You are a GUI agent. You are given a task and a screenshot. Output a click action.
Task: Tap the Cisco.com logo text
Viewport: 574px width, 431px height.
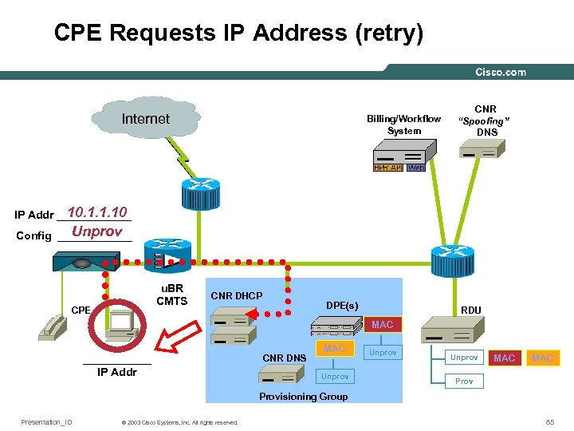tap(501, 73)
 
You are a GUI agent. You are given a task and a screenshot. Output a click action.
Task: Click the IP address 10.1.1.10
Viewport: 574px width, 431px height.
tap(97, 212)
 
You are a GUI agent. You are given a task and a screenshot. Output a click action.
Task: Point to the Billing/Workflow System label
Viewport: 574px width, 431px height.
tap(403, 125)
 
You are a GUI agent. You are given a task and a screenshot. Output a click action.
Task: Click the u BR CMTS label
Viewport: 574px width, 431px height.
tap(171, 295)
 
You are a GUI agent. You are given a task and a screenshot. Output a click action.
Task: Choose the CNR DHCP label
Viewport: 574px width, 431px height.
tap(236, 296)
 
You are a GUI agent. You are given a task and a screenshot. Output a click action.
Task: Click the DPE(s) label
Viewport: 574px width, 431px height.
tap(342, 306)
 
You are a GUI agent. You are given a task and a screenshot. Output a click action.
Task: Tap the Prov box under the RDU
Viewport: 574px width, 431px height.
tap(464, 381)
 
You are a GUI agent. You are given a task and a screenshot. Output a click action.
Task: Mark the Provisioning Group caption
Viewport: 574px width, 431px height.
tap(304, 397)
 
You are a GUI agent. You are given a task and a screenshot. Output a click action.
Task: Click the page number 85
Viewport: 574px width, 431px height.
tap(549, 421)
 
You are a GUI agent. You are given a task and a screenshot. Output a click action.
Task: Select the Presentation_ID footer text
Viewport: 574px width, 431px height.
tap(46, 422)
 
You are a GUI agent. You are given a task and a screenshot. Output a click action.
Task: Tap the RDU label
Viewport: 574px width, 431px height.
tap(471, 310)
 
